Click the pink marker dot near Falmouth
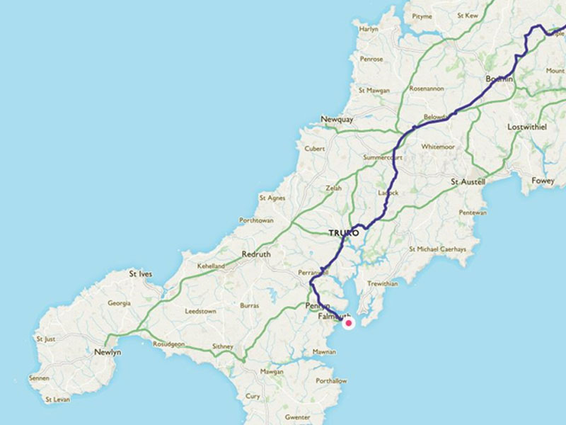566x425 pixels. tap(348, 323)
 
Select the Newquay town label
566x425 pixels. tap(336, 119)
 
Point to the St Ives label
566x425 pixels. tap(141, 273)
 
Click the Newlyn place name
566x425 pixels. tap(108, 352)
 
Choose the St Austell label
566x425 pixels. tap(468, 182)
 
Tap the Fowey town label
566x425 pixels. tap(543, 181)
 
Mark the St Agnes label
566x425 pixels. tap(272, 198)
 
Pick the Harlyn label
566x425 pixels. tap(369, 29)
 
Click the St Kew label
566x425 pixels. tap(468, 15)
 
